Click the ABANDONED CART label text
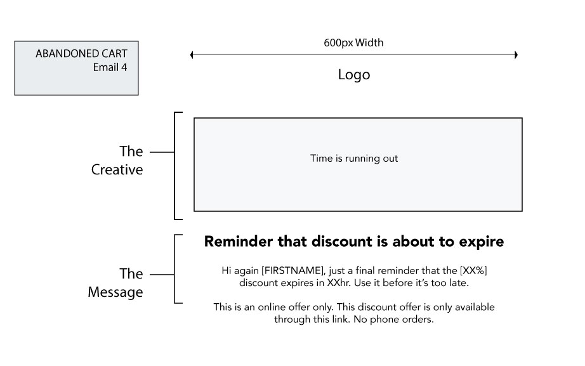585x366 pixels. (81, 54)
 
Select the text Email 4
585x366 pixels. (110, 67)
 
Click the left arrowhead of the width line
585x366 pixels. (192, 55)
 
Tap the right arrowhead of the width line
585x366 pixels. (516, 55)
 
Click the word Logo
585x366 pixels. (354, 75)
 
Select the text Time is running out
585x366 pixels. (354, 159)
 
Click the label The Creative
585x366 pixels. (117, 160)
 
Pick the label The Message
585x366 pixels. (115, 283)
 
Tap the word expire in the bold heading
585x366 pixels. (482, 242)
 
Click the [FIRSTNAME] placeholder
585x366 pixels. (293, 270)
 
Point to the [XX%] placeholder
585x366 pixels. (473, 270)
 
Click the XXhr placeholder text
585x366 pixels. (339, 283)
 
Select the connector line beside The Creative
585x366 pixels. (162, 152)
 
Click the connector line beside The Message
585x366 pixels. (162, 275)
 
